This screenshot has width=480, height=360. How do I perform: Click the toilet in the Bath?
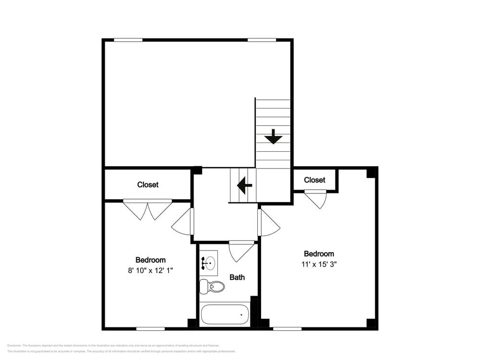pos(213,287)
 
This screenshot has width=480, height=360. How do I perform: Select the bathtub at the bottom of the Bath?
pos(225,315)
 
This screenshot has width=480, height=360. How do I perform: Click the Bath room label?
pos(237,277)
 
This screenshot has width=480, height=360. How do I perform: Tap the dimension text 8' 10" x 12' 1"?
pos(150,270)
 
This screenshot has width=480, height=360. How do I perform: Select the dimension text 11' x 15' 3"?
pos(319,264)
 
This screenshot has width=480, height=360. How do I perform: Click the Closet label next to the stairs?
pos(314,180)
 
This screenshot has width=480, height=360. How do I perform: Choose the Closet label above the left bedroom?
pos(148,185)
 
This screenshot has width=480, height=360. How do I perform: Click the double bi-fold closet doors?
pos(147,209)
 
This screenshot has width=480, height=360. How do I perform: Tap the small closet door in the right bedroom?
pos(316,198)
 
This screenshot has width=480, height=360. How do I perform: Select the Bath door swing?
pos(241,251)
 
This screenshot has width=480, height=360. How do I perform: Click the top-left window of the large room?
pos(128,40)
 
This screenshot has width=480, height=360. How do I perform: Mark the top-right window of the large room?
pos(262,40)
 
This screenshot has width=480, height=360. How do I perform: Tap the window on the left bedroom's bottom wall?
pos(150,329)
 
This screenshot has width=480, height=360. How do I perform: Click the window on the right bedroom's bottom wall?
pos(287,329)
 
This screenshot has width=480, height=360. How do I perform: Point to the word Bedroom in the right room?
pos(319,254)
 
